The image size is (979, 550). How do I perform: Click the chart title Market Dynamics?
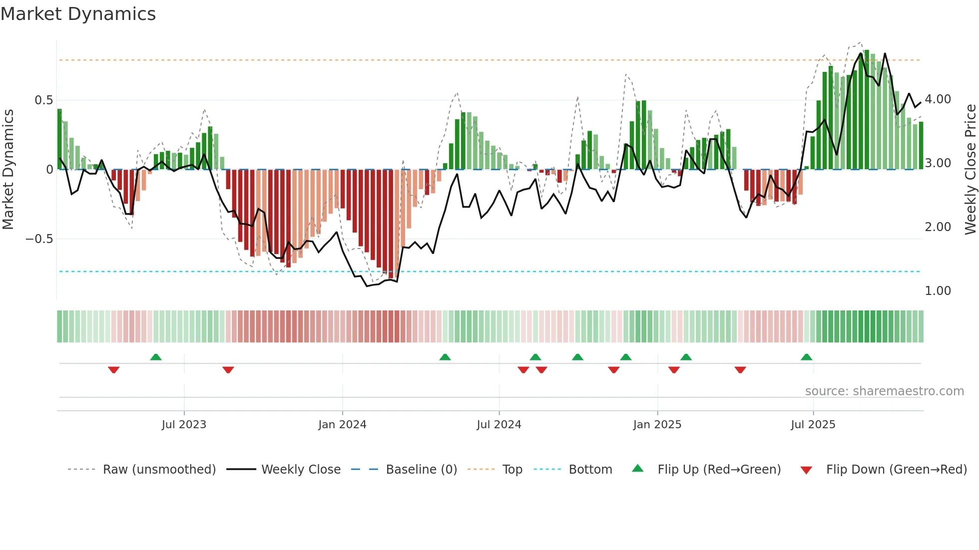coord(78,14)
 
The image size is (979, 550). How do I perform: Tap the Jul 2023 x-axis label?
coord(184,425)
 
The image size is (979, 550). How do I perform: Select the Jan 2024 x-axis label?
coord(342,425)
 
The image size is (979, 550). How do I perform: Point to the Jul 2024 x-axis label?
coord(499,425)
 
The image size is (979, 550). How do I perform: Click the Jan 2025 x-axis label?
coord(657,425)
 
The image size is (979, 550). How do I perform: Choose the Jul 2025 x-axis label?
coord(813,425)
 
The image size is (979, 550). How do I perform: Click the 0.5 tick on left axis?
coord(43,100)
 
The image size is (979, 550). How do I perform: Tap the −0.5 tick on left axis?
coord(39,239)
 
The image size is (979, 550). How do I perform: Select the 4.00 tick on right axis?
coord(938,99)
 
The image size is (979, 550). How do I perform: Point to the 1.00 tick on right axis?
coord(938,291)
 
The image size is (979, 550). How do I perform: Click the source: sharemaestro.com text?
coord(884,391)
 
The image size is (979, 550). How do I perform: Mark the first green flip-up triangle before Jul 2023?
coord(156,357)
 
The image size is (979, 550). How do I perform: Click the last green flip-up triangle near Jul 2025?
coord(806,357)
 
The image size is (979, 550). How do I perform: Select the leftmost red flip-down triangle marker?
coord(114,370)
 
